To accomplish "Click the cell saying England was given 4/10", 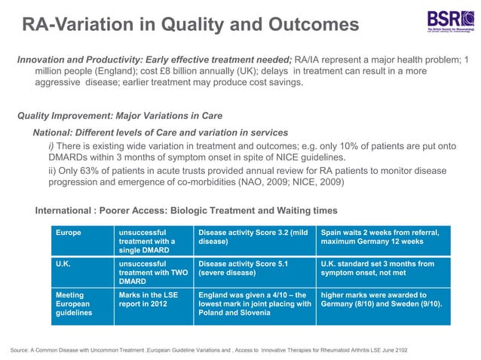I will point(252,304).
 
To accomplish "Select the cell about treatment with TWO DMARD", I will point(152,273).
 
